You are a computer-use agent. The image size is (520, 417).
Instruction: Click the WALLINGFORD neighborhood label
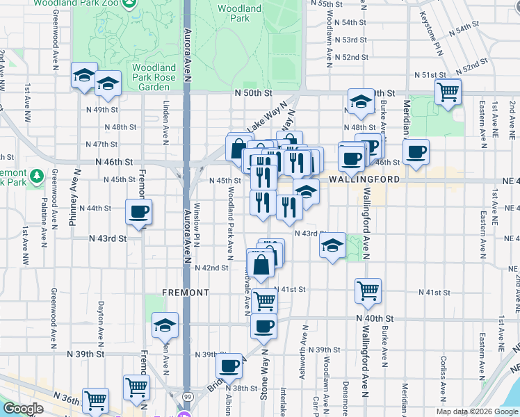[x=364, y=179]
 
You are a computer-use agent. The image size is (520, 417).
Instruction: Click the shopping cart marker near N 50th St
[x=448, y=91]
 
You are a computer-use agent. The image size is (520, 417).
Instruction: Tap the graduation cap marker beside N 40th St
[x=165, y=325]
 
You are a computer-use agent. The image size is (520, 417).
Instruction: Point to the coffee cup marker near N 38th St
[x=229, y=366]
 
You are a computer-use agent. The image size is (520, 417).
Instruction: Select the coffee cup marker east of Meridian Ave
[x=416, y=153]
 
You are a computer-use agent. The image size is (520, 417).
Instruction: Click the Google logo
[x=23, y=409]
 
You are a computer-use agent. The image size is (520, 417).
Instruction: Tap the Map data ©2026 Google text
[x=476, y=411]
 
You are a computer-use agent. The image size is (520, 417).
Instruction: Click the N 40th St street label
[x=373, y=318]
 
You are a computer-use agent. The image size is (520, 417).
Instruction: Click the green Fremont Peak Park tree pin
[x=38, y=174]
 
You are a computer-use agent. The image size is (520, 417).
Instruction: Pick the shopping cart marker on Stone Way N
[x=263, y=302]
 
